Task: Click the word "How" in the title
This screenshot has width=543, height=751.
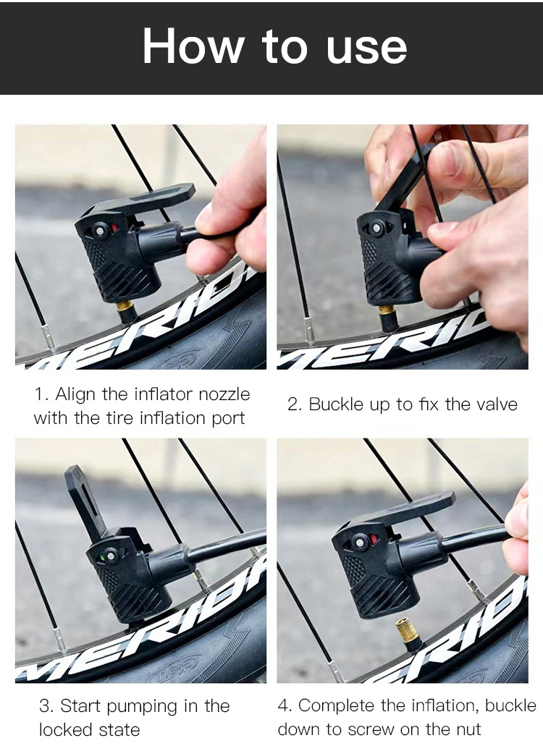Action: (193, 46)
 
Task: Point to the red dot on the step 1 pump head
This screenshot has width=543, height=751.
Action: (114, 227)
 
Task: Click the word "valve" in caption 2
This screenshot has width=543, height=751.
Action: (497, 404)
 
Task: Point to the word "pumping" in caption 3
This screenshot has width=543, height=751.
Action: (142, 707)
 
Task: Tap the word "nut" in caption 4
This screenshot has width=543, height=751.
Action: (467, 729)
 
